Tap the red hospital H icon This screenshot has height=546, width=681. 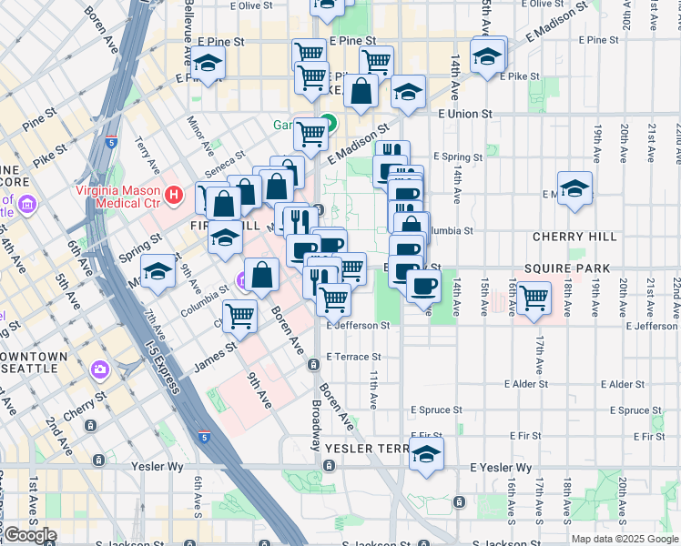[173, 194]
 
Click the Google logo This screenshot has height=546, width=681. [30, 534]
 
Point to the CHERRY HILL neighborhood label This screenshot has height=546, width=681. [575, 237]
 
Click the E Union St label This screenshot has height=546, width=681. [464, 115]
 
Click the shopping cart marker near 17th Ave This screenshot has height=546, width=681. [534, 297]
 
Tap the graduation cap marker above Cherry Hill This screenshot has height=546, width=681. [574, 188]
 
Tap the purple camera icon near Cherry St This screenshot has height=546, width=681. [99, 369]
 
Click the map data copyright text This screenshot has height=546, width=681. [625, 539]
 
